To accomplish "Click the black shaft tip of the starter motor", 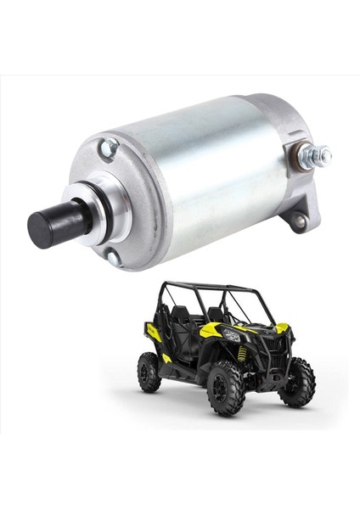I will pos(47,227).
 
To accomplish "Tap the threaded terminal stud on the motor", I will pos(315,155).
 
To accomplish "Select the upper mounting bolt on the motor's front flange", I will pos(107,149).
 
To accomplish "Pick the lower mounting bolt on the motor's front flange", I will pos(114,257).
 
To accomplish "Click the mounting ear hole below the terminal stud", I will pos(298,221).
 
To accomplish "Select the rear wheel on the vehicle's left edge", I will pos(149,371).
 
